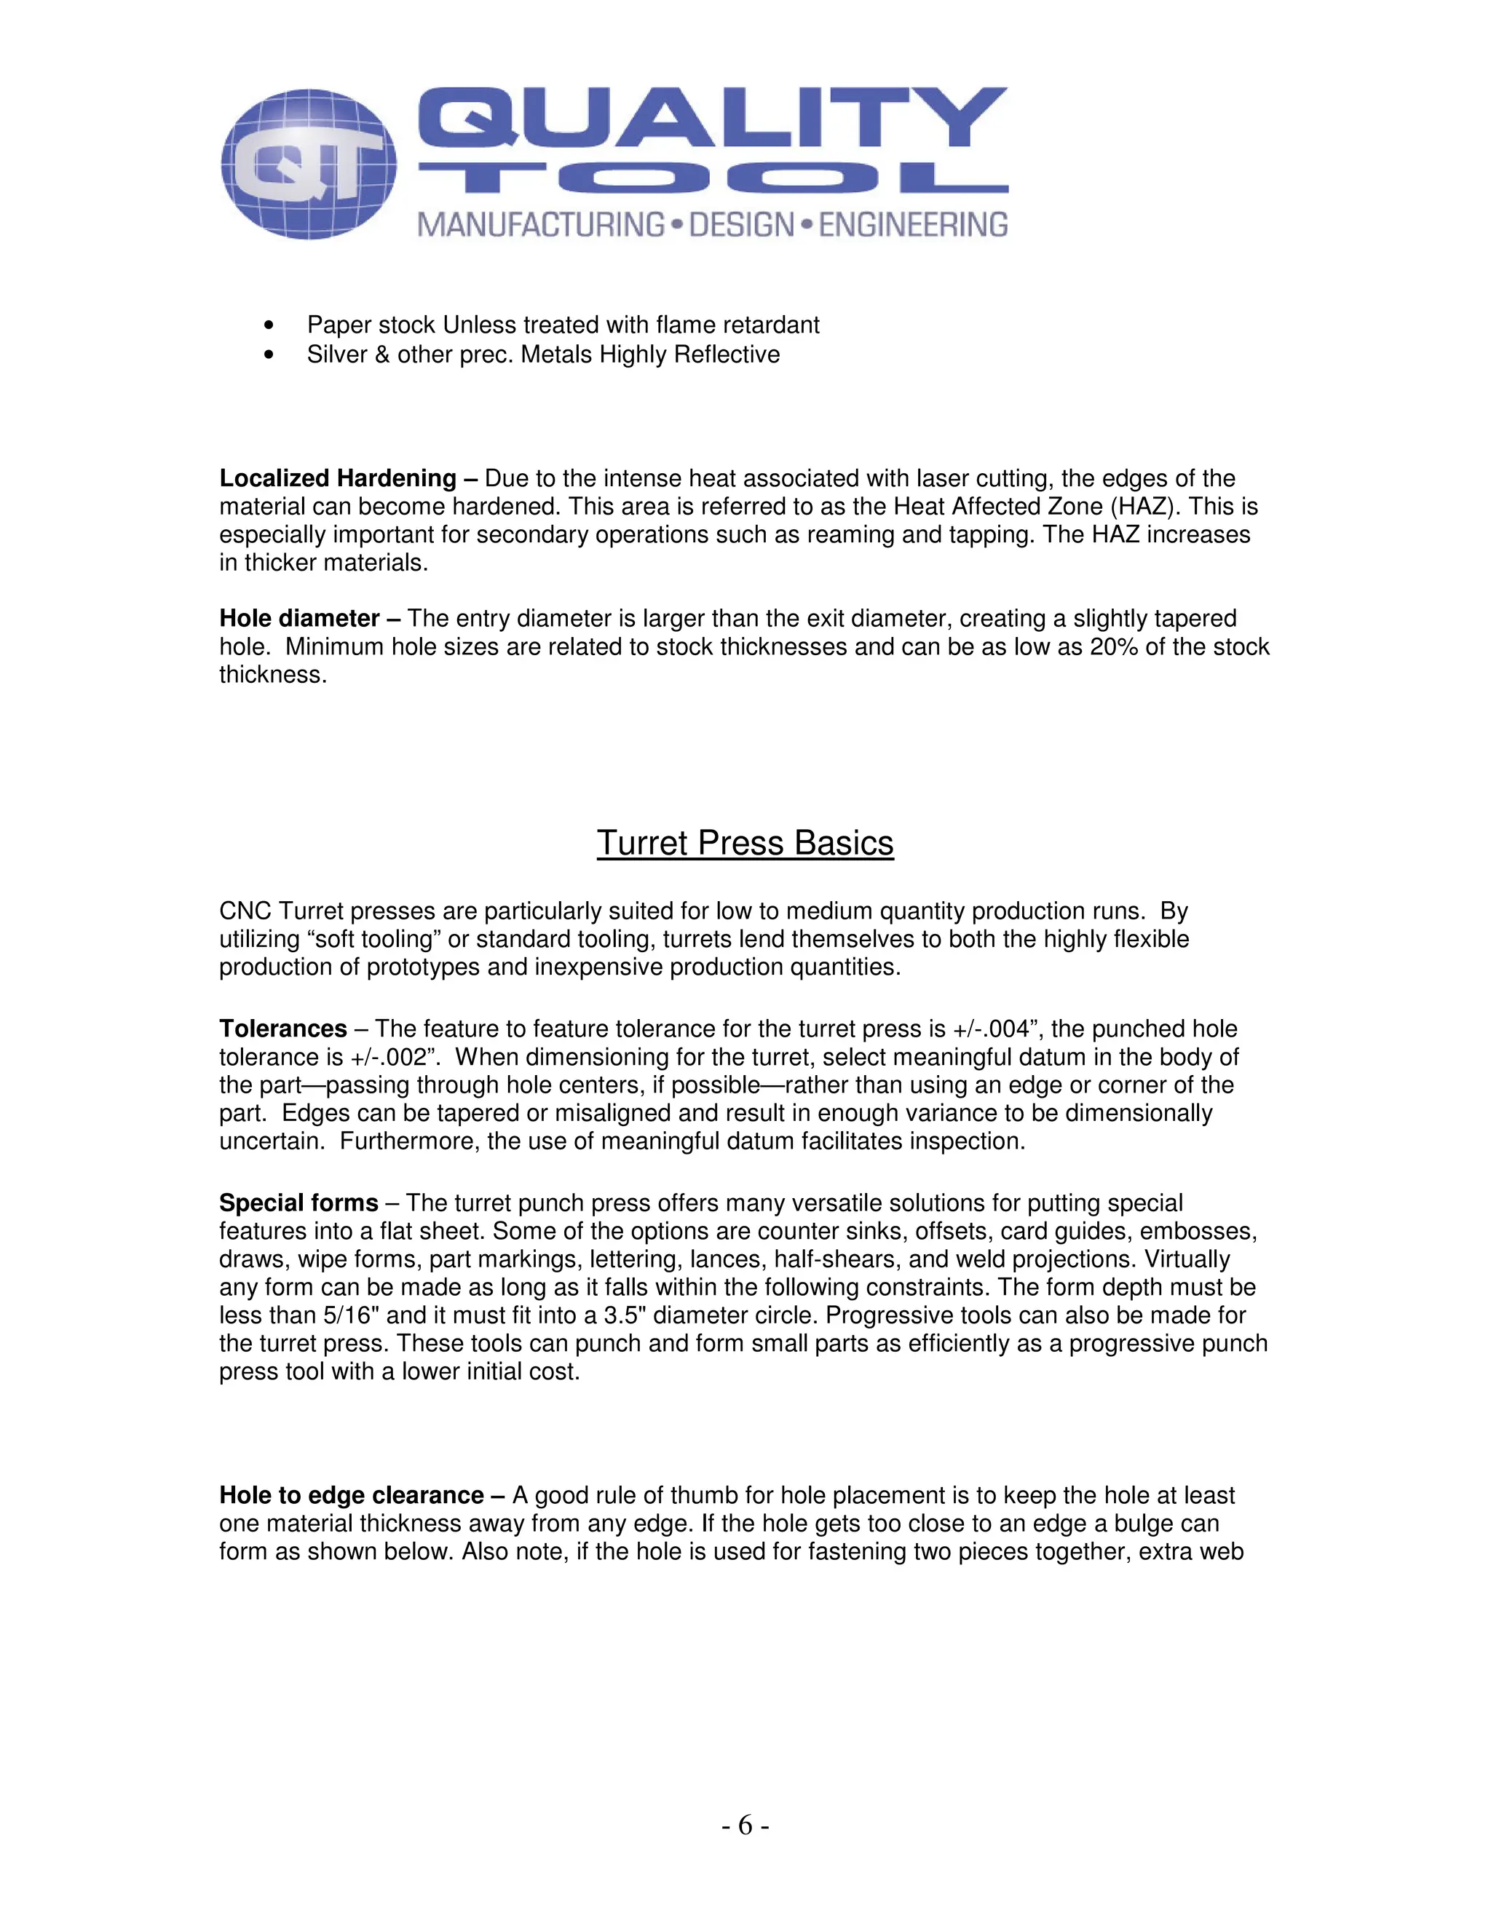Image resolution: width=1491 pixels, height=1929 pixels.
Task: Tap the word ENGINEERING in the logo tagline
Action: click(x=912, y=224)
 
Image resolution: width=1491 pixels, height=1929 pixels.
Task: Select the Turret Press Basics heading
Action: click(x=745, y=843)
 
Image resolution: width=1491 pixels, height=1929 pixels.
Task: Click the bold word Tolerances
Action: click(x=282, y=1029)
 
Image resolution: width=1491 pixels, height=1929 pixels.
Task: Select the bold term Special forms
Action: click(x=298, y=1203)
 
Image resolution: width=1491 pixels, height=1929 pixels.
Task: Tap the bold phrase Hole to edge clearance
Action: click(x=351, y=1495)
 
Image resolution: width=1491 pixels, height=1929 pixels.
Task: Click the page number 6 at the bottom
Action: click(x=745, y=1825)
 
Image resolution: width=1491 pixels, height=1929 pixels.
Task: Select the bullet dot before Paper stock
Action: click(x=269, y=326)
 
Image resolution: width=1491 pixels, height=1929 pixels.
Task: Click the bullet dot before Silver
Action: click(x=269, y=355)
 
